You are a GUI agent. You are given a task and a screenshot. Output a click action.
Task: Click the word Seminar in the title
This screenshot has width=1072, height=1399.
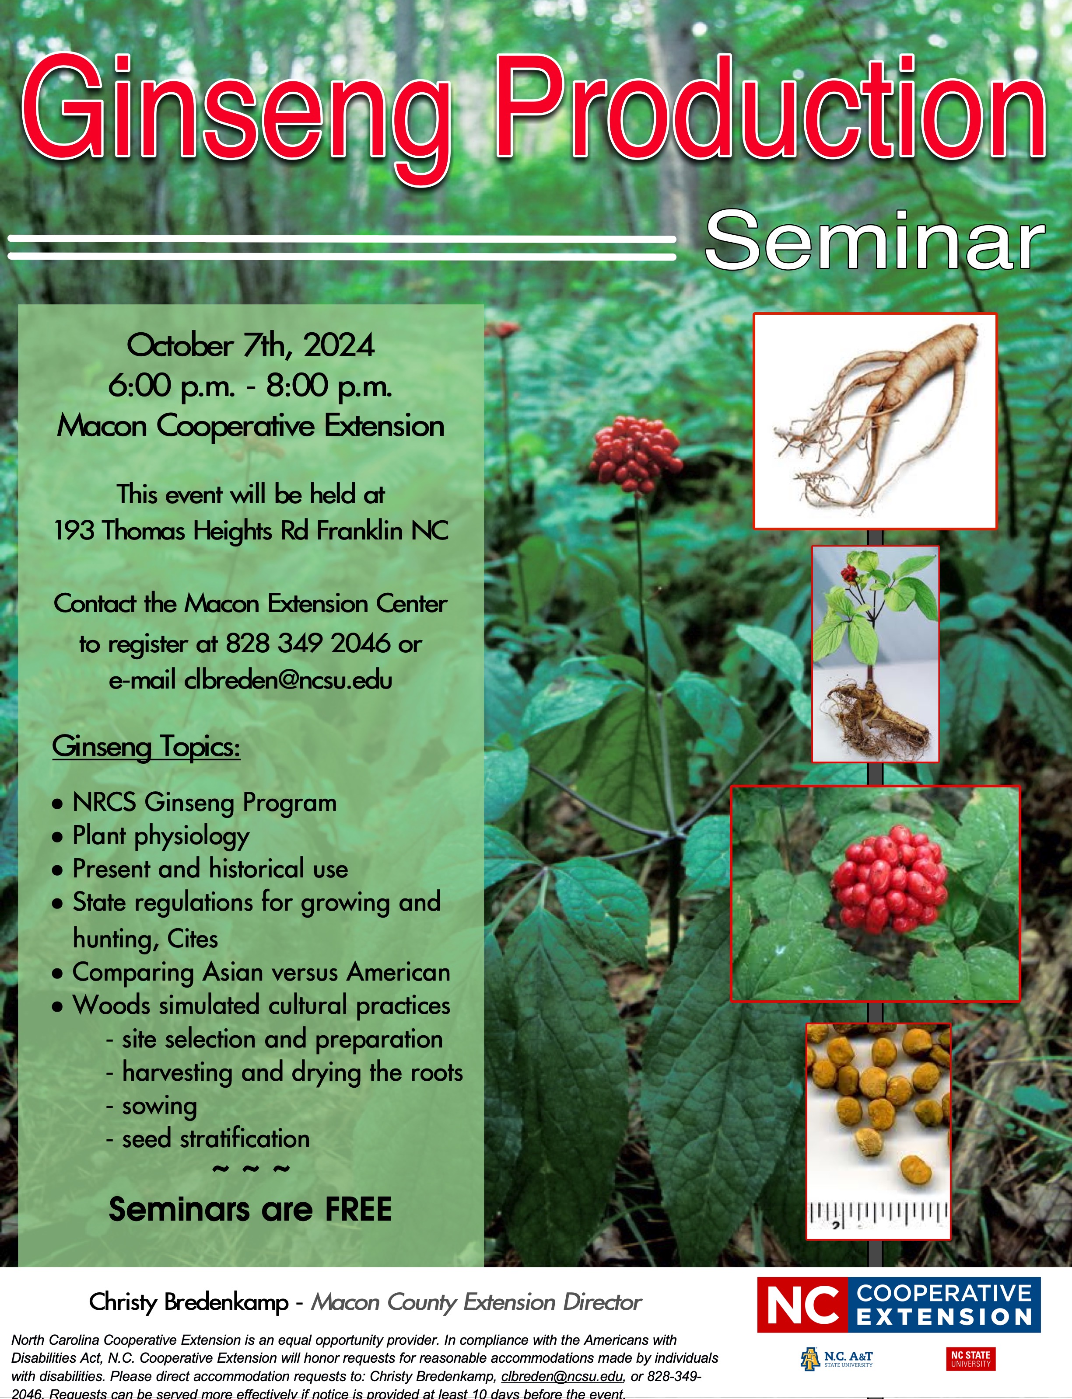click(874, 241)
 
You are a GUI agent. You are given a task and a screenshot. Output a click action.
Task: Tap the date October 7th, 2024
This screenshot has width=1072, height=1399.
click(251, 346)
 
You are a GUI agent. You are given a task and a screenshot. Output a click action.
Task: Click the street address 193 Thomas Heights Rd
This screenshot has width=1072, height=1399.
click(182, 530)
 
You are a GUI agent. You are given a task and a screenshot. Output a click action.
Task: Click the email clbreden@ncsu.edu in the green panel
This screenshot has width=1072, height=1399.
click(288, 680)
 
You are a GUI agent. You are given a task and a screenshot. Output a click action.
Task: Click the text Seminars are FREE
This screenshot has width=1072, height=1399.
click(250, 1209)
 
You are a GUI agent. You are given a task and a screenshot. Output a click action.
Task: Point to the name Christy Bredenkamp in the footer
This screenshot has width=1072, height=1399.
click(189, 1302)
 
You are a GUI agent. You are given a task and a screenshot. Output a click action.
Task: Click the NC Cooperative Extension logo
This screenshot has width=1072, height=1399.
click(898, 1305)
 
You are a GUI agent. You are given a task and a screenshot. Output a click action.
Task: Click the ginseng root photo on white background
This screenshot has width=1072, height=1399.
click(875, 421)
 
